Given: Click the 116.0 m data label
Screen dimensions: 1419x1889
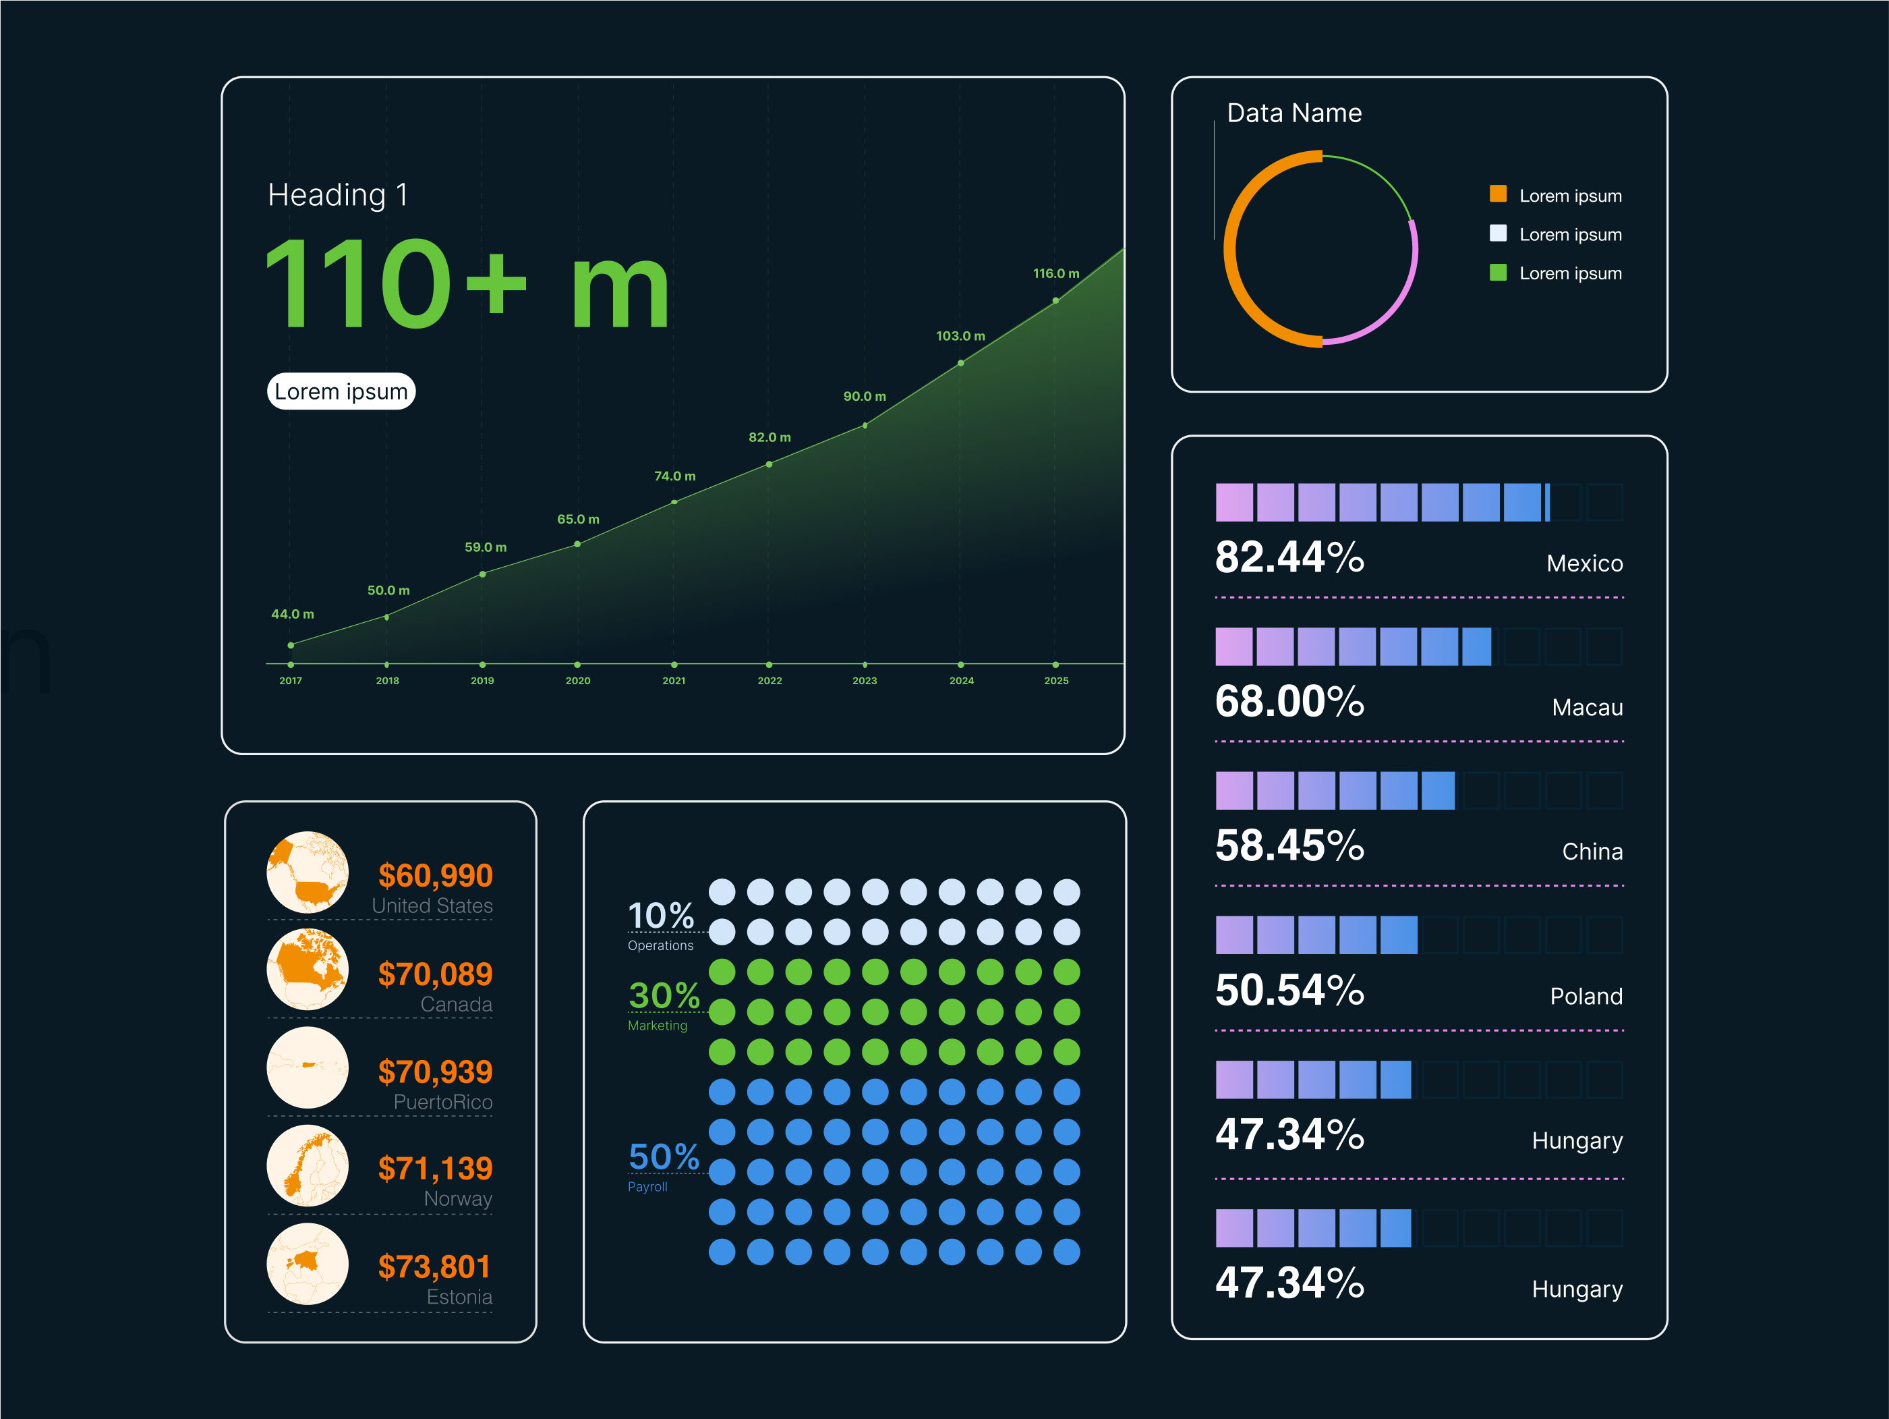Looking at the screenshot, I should [1055, 273].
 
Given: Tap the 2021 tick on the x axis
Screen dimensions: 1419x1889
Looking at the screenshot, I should [674, 681].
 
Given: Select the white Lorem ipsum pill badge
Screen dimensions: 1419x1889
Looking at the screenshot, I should [341, 391].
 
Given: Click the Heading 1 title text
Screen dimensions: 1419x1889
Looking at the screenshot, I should [338, 195].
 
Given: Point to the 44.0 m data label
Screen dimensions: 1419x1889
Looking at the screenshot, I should [292, 614].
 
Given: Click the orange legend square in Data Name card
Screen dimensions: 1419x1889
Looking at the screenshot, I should [1498, 194].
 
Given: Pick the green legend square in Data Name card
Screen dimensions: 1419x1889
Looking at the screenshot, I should [1498, 273].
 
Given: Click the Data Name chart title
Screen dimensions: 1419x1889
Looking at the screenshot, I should [1294, 113].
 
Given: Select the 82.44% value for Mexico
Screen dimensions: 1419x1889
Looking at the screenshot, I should [1289, 557].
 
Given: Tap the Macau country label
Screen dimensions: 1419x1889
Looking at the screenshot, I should [1587, 707].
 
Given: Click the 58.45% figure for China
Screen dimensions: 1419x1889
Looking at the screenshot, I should [1289, 845].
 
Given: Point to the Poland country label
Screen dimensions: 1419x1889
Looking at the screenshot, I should [1586, 996].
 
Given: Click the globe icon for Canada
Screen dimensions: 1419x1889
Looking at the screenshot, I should [308, 970].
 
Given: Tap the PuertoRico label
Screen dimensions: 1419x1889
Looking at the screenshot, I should [442, 1102].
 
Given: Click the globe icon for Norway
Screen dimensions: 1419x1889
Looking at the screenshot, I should [308, 1165].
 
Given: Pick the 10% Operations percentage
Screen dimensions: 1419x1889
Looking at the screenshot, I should [661, 916].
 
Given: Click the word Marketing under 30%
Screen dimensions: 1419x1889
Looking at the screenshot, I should [657, 1025].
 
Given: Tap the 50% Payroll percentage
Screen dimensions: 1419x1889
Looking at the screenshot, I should [664, 1157].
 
